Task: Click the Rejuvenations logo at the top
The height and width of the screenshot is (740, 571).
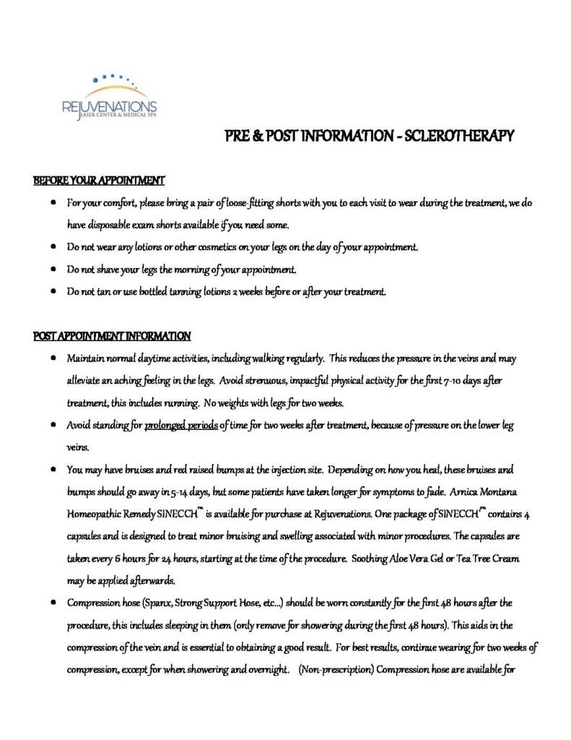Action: click(109, 97)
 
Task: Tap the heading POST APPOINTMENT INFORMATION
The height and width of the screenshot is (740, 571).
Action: click(112, 336)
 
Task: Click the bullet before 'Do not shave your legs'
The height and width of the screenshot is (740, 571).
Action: click(55, 270)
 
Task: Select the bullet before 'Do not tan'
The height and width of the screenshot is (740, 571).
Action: click(55, 292)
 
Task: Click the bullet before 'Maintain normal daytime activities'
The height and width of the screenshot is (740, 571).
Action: click(55, 358)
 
